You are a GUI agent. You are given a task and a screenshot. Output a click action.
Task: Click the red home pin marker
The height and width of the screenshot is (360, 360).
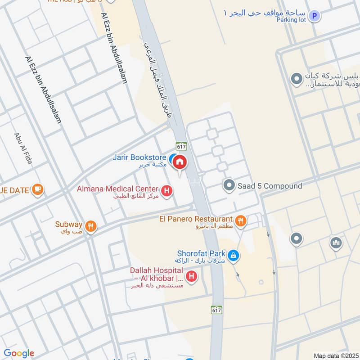tap(179, 162)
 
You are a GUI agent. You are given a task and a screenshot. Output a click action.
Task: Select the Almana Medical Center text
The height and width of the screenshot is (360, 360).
tap(117, 189)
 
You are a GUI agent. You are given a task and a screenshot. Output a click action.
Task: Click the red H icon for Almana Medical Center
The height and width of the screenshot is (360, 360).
tap(167, 192)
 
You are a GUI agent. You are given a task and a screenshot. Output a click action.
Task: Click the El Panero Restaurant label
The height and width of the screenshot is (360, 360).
tap(196, 219)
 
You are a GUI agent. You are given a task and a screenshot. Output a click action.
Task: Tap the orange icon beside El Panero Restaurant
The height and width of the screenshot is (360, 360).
tap(241, 220)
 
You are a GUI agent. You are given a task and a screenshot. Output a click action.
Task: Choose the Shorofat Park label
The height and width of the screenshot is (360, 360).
tap(201, 254)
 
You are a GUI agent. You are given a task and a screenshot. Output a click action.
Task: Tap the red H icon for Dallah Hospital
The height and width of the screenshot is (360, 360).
tap(192, 276)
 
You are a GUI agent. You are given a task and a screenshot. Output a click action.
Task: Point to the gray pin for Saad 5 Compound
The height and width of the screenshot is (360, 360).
tap(229, 185)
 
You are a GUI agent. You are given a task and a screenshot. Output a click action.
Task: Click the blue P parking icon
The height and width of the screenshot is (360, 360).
tap(315, 16)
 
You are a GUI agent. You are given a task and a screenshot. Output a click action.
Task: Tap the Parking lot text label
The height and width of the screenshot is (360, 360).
tap(291, 20)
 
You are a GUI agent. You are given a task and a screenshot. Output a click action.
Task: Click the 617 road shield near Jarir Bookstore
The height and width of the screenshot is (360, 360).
tap(182, 146)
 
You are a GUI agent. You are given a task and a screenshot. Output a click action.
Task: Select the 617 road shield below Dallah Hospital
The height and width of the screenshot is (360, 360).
tap(216, 310)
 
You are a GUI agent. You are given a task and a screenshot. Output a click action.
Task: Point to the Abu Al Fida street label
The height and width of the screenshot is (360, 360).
tap(23, 148)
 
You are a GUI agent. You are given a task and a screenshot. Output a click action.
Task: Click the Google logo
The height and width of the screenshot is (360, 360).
tap(19, 353)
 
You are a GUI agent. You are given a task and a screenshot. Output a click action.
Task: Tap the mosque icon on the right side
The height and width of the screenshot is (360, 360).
tap(336, 243)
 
